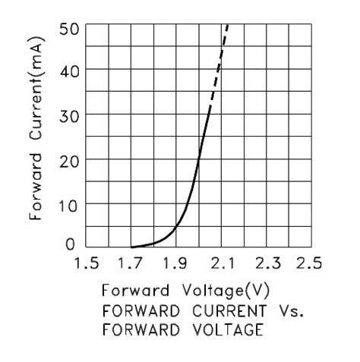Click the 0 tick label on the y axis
point(71,244)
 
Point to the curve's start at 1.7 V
point(132,247)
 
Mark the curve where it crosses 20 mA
point(198,159)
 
